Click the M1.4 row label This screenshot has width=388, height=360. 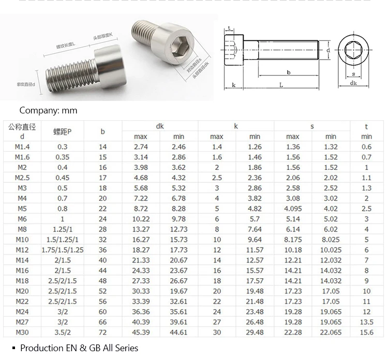point(21,147)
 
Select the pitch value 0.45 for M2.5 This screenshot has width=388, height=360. point(62,178)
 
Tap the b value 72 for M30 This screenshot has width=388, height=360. point(102,333)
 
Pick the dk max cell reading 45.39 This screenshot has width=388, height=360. point(141,333)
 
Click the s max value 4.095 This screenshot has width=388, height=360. point(293,209)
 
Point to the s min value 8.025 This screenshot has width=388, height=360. point(331,240)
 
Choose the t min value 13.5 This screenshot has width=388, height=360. point(366,322)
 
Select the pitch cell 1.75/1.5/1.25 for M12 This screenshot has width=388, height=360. point(62,250)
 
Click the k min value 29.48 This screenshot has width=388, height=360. point(255,333)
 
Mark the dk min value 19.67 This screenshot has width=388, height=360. point(179,291)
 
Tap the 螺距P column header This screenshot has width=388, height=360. point(62,132)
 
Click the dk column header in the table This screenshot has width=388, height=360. point(160,126)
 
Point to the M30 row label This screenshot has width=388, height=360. point(21,333)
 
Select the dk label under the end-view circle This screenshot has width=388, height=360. point(353,83)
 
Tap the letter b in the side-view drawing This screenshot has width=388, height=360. point(288,73)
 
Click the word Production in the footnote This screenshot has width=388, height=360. point(42,348)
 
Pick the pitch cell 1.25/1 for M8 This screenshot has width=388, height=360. point(62,229)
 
